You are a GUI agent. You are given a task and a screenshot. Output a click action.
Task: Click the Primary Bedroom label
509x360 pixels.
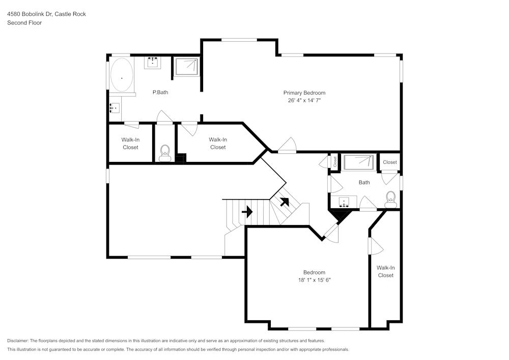coord(304,93)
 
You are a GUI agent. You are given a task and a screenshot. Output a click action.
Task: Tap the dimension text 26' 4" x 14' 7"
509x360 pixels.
coord(304,101)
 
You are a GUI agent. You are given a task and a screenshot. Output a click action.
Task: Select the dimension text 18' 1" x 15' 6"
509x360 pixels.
coord(314,280)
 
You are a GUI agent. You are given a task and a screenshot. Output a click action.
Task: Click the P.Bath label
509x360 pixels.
coord(160,93)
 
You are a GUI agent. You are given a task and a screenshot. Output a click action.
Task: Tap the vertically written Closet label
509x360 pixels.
coord(335,162)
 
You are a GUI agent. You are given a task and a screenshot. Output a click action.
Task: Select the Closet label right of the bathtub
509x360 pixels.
coord(390,162)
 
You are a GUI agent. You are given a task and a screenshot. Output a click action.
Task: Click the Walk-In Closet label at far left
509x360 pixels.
coord(130,144)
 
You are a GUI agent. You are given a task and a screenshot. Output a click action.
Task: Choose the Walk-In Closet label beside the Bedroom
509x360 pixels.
coord(385,271)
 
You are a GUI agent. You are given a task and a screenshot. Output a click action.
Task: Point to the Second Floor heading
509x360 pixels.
coord(24,23)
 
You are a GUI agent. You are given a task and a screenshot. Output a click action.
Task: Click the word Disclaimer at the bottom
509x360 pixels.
coord(18,341)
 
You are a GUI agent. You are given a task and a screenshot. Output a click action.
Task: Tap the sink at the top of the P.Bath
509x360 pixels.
coord(153,62)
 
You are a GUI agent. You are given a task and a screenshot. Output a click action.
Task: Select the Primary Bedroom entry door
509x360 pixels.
coord(287,146)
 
